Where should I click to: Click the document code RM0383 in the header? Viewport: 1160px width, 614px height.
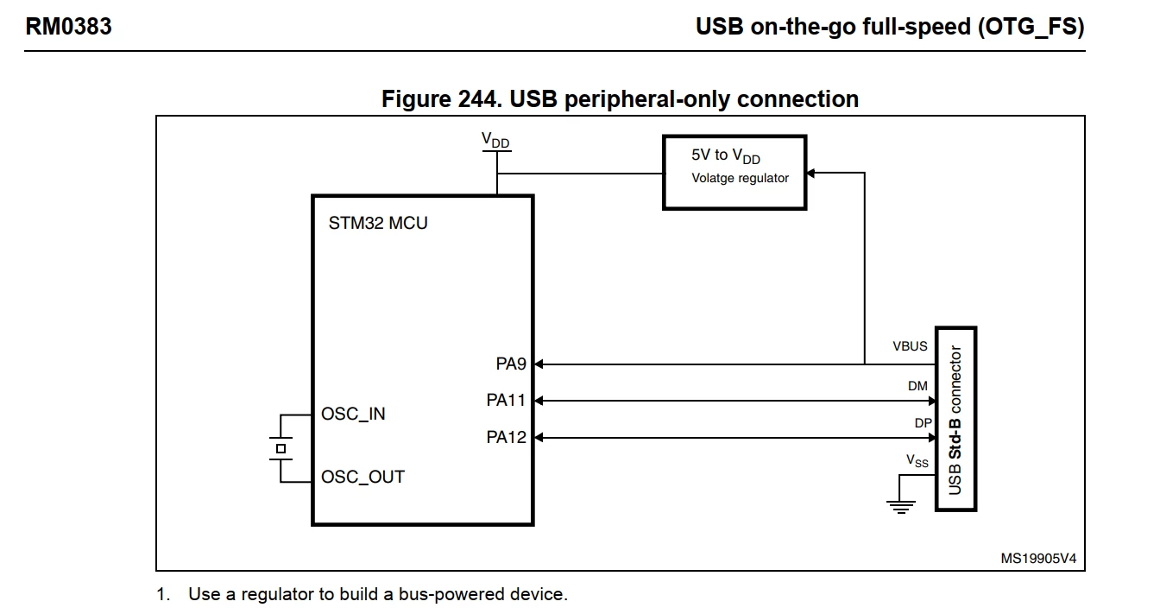tap(68, 27)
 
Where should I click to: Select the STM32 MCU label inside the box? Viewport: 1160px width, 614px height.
tap(378, 223)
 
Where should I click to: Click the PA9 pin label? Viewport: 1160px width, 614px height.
tap(511, 364)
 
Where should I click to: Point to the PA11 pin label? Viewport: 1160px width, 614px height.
tap(506, 400)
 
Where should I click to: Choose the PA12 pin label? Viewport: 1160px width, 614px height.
tap(506, 437)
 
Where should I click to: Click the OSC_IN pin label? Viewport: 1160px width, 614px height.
tap(353, 414)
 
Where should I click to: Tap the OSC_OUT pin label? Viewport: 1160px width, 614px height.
tap(362, 477)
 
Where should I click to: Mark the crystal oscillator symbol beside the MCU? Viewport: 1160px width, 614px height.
tap(281, 449)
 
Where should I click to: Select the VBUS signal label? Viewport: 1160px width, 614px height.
tap(910, 346)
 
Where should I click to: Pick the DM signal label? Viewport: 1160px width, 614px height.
tap(917, 386)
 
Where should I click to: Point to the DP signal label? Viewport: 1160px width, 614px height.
tap(923, 423)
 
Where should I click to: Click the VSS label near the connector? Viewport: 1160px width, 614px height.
tap(917, 460)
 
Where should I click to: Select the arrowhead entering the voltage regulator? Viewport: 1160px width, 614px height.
tap(811, 173)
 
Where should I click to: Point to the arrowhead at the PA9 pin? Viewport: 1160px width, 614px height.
tap(539, 364)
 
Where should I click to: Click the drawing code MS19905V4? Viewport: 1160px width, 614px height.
tap(1038, 559)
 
